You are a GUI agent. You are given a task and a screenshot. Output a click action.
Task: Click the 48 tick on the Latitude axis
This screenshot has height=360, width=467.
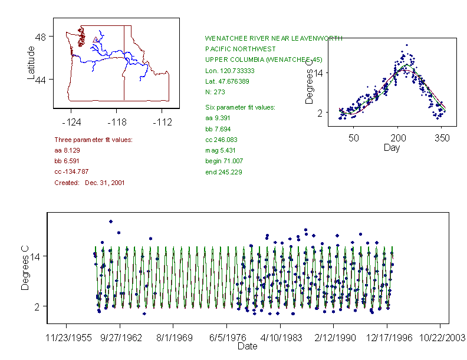(x=40, y=37)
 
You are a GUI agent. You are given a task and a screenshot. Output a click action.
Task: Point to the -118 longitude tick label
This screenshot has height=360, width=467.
(x=116, y=122)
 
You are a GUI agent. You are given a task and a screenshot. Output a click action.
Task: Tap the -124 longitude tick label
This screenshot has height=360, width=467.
(x=71, y=122)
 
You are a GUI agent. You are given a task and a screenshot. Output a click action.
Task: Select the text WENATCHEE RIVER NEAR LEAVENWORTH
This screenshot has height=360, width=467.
(x=273, y=38)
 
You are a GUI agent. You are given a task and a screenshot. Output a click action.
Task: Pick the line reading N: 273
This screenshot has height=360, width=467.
(x=215, y=92)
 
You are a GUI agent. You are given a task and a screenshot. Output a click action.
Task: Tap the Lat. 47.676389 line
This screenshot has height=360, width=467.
(x=227, y=81)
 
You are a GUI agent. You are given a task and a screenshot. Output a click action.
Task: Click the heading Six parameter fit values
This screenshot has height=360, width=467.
(x=236, y=107)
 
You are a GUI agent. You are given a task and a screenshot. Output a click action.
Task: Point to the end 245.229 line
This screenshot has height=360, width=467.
(x=223, y=172)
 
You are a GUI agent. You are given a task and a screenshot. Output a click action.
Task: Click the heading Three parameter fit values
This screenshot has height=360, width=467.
(x=93, y=140)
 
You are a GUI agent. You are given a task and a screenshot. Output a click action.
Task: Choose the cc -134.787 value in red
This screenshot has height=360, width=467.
(x=71, y=172)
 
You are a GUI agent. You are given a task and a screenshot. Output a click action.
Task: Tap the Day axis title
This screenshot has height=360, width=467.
(x=392, y=147)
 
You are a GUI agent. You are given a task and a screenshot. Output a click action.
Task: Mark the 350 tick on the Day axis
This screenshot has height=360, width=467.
(x=442, y=137)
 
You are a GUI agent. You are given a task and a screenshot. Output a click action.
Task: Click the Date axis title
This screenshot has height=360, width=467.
(x=248, y=346)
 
